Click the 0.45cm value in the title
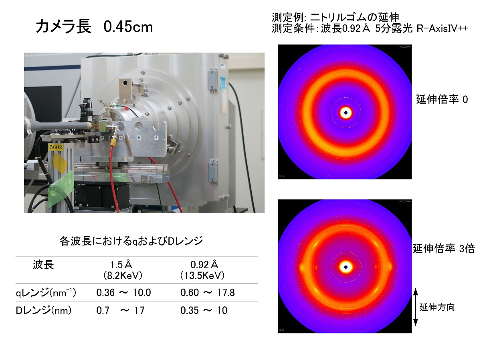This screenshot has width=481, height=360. [128, 27]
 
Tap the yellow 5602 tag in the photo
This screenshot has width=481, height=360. [56, 147]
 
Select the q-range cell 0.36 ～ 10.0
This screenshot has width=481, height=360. [123, 292]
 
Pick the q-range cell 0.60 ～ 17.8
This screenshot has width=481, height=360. [207, 292]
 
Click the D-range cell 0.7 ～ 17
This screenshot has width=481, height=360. [120, 310]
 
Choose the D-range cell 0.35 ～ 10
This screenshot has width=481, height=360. [204, 310]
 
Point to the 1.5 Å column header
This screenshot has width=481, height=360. [121, 265]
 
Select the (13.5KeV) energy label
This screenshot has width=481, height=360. [202, 276]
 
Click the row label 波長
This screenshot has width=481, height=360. [43, 265]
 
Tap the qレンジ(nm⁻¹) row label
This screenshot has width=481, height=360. [46, 293]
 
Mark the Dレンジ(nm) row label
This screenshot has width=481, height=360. [44, 310]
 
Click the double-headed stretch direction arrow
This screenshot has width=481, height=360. [416, 307]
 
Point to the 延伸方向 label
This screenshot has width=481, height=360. [437, 308]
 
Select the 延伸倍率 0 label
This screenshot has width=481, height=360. [442, 99]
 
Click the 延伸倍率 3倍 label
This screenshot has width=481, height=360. [444, 249]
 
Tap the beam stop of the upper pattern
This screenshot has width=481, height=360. [346, 113]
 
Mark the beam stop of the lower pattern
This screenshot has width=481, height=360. [346, 267]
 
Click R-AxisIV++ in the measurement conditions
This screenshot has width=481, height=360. [442, 28]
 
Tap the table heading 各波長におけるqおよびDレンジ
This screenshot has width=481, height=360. [131, 241]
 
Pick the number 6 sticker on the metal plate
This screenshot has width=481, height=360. [156, 137]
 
